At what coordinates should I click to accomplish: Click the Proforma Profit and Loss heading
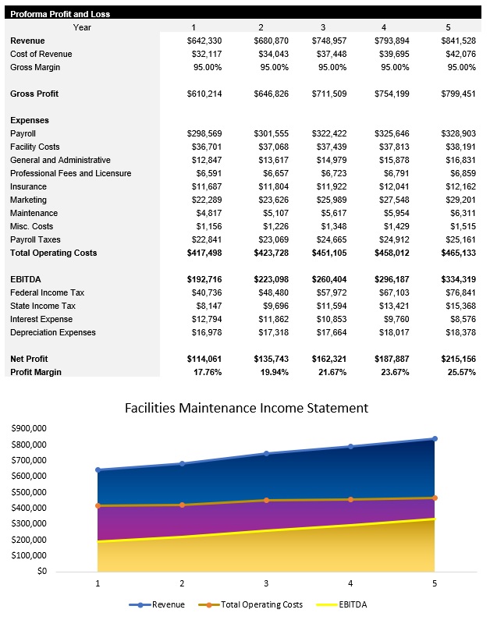tap(60, 14)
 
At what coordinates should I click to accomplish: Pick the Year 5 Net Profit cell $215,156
tap(456, 359)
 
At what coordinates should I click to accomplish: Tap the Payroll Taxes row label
tap(35, 239)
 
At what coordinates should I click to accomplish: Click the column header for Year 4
tap(384, 27)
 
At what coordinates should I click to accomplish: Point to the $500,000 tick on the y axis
tap(29, 492)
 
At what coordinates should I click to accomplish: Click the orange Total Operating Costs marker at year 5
tap(435, 498)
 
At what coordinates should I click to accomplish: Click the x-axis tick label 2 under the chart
tap(183, 583)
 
